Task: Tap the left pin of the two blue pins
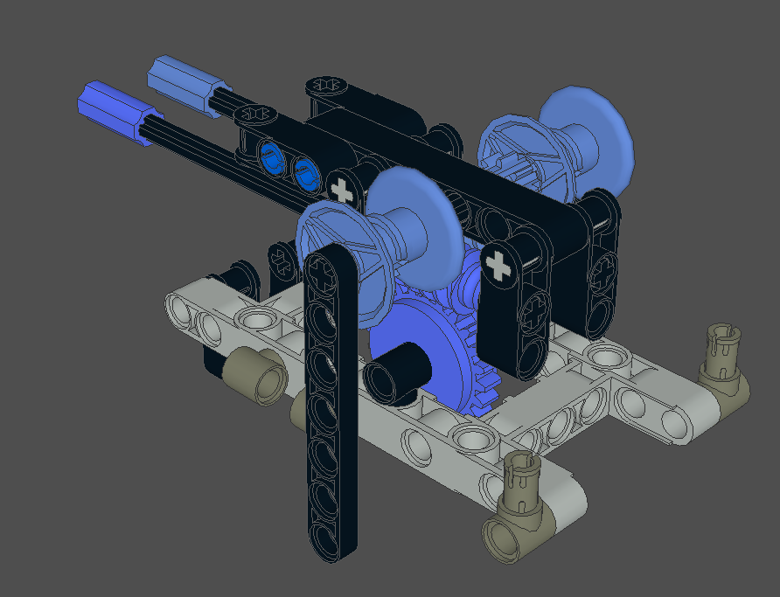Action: [272, 159]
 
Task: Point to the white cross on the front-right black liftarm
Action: [499, 265]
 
